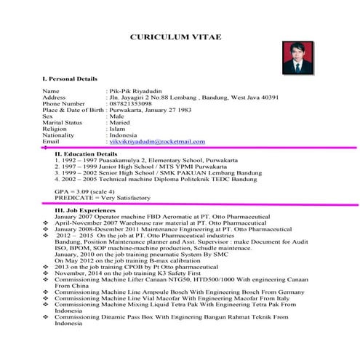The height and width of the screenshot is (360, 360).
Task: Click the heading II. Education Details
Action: [86, 154]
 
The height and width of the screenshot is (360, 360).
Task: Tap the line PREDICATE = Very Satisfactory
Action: [103, 198]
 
